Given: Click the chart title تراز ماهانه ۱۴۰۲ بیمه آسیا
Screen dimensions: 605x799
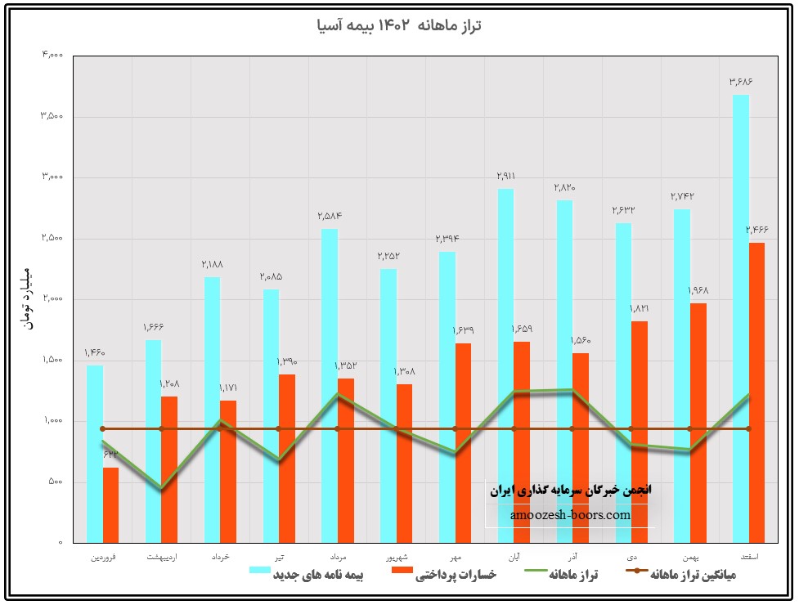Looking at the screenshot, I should point(399,25).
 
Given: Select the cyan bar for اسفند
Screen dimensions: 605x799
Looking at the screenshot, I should point(740,319).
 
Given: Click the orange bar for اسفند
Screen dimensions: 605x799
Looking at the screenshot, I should point(756,392).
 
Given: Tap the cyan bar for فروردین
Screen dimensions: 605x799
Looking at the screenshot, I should point(95,454).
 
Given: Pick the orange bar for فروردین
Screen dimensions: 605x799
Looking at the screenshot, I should point(110,504).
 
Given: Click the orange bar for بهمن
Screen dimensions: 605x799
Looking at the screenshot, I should point(698,423).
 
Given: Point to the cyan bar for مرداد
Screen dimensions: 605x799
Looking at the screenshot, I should point(330,385).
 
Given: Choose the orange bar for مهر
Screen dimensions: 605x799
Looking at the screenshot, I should point(463,442).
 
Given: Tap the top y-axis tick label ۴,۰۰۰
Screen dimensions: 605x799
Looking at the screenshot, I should point(52,56).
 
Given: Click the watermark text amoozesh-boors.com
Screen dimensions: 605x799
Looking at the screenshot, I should point(570,515).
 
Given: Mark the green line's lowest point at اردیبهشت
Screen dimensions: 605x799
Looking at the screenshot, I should point(161,488).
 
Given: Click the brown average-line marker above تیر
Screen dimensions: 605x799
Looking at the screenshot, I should point(278,428).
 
